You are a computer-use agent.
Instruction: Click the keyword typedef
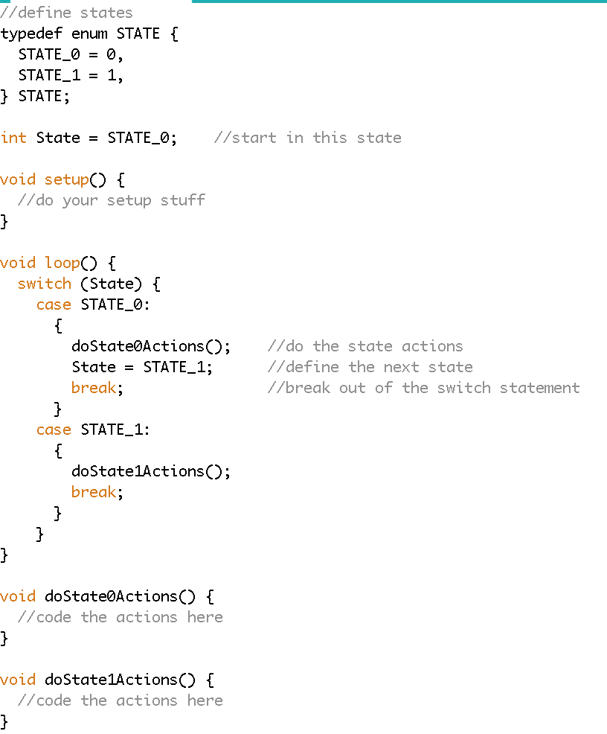[31, 33]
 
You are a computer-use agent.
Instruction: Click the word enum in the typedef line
[89, 33]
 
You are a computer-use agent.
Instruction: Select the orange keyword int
[13, 138]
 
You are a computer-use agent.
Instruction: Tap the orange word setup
[66, 179]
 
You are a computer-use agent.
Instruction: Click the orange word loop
[62, 263]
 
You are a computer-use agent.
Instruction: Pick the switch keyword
[45, 284]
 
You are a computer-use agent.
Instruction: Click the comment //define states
[67, 13]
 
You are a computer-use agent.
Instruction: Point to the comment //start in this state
[307, 138]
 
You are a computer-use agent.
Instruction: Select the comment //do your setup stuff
[112, 200]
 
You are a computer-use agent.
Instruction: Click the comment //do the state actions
[364, 346]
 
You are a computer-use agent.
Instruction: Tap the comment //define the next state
[370, 367]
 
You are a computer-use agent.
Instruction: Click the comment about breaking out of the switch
[423, 388]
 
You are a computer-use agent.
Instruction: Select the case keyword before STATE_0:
[54, 304]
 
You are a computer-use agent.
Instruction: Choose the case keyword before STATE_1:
[54, 430]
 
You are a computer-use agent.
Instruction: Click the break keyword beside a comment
[94, 388]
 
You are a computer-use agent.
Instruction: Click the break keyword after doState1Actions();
[94, 492]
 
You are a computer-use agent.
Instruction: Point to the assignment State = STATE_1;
[142, 367]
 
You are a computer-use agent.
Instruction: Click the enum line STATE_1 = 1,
[71, 75]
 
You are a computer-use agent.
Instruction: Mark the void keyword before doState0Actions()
[18, 596]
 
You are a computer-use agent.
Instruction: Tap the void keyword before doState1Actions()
[18, 680]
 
